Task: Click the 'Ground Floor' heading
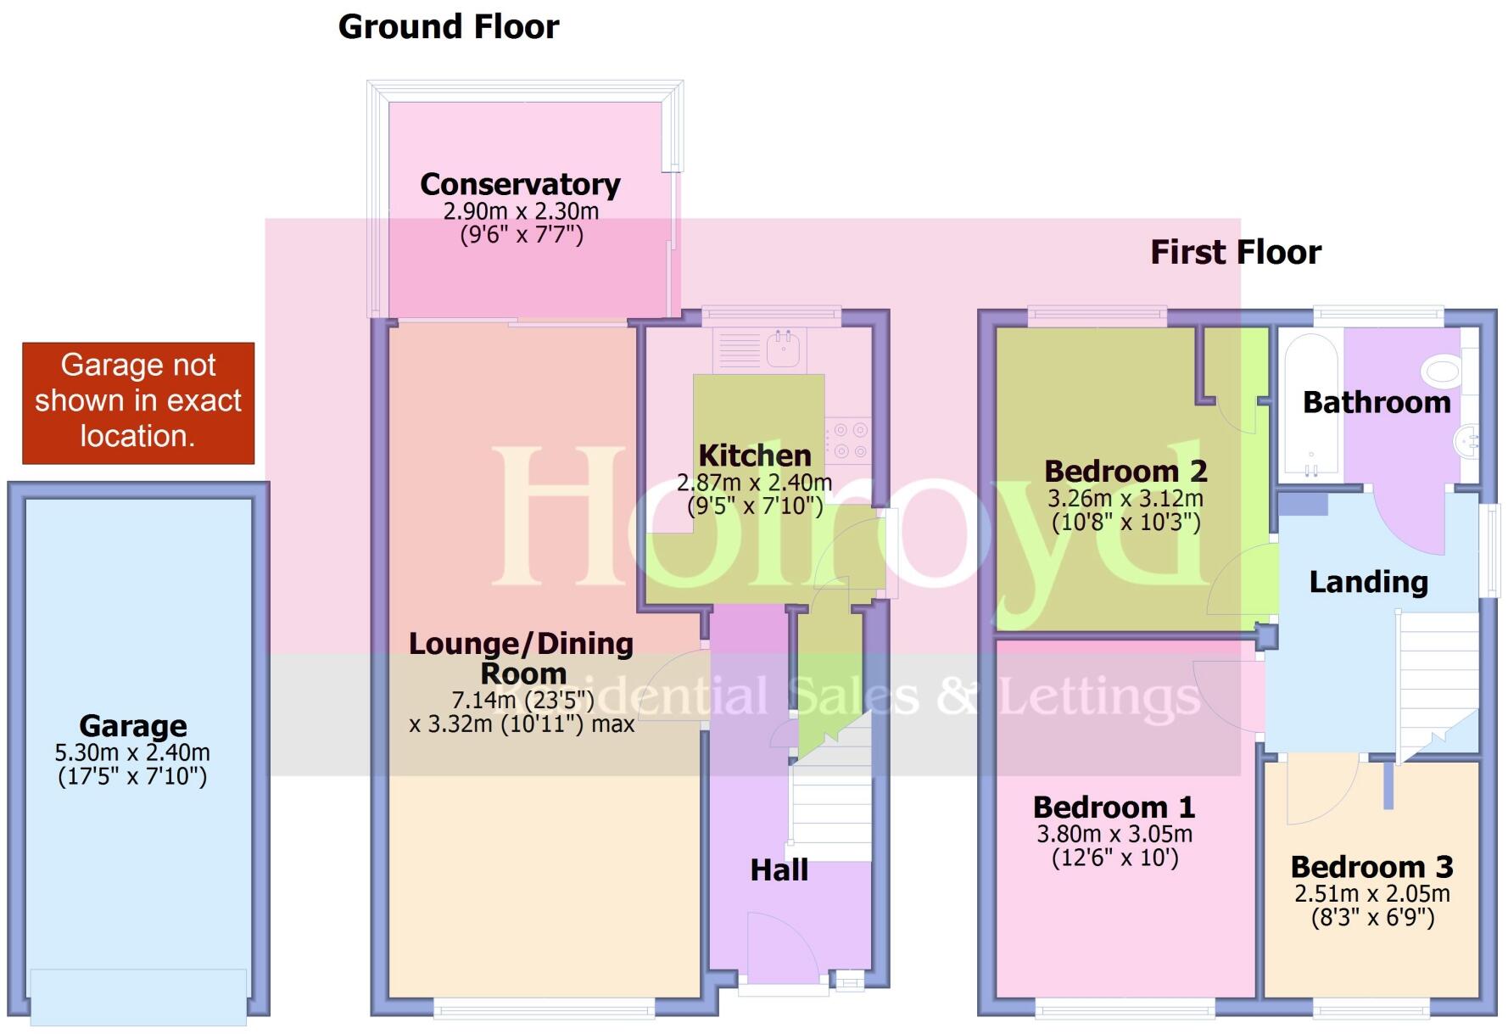coord(448,27)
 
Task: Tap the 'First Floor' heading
coord(1235,253)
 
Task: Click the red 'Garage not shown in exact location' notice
coord(138,402)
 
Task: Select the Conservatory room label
coord(520,185)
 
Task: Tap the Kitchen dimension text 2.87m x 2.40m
coord(754,483)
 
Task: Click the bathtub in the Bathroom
coord(1310,405)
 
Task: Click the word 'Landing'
coord(1368,583)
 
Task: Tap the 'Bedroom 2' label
coord(1125,472)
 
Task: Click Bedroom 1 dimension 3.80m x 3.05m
coord(1114,835)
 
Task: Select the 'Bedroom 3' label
coord(1371,868)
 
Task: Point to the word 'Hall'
coord(779,870)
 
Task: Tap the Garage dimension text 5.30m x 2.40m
coord(132,753)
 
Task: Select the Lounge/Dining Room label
coord(521,658)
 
